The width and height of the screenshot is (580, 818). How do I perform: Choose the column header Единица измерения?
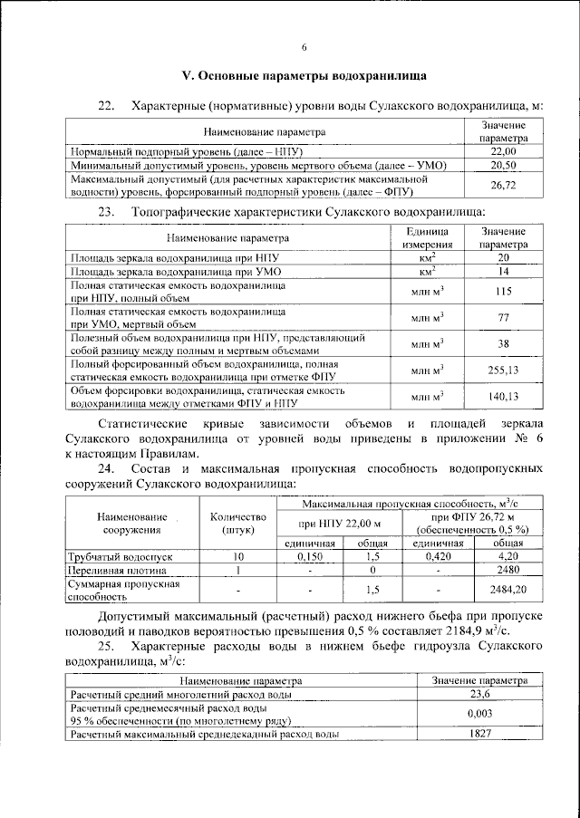pyautogui.click(x=428, y=238)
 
